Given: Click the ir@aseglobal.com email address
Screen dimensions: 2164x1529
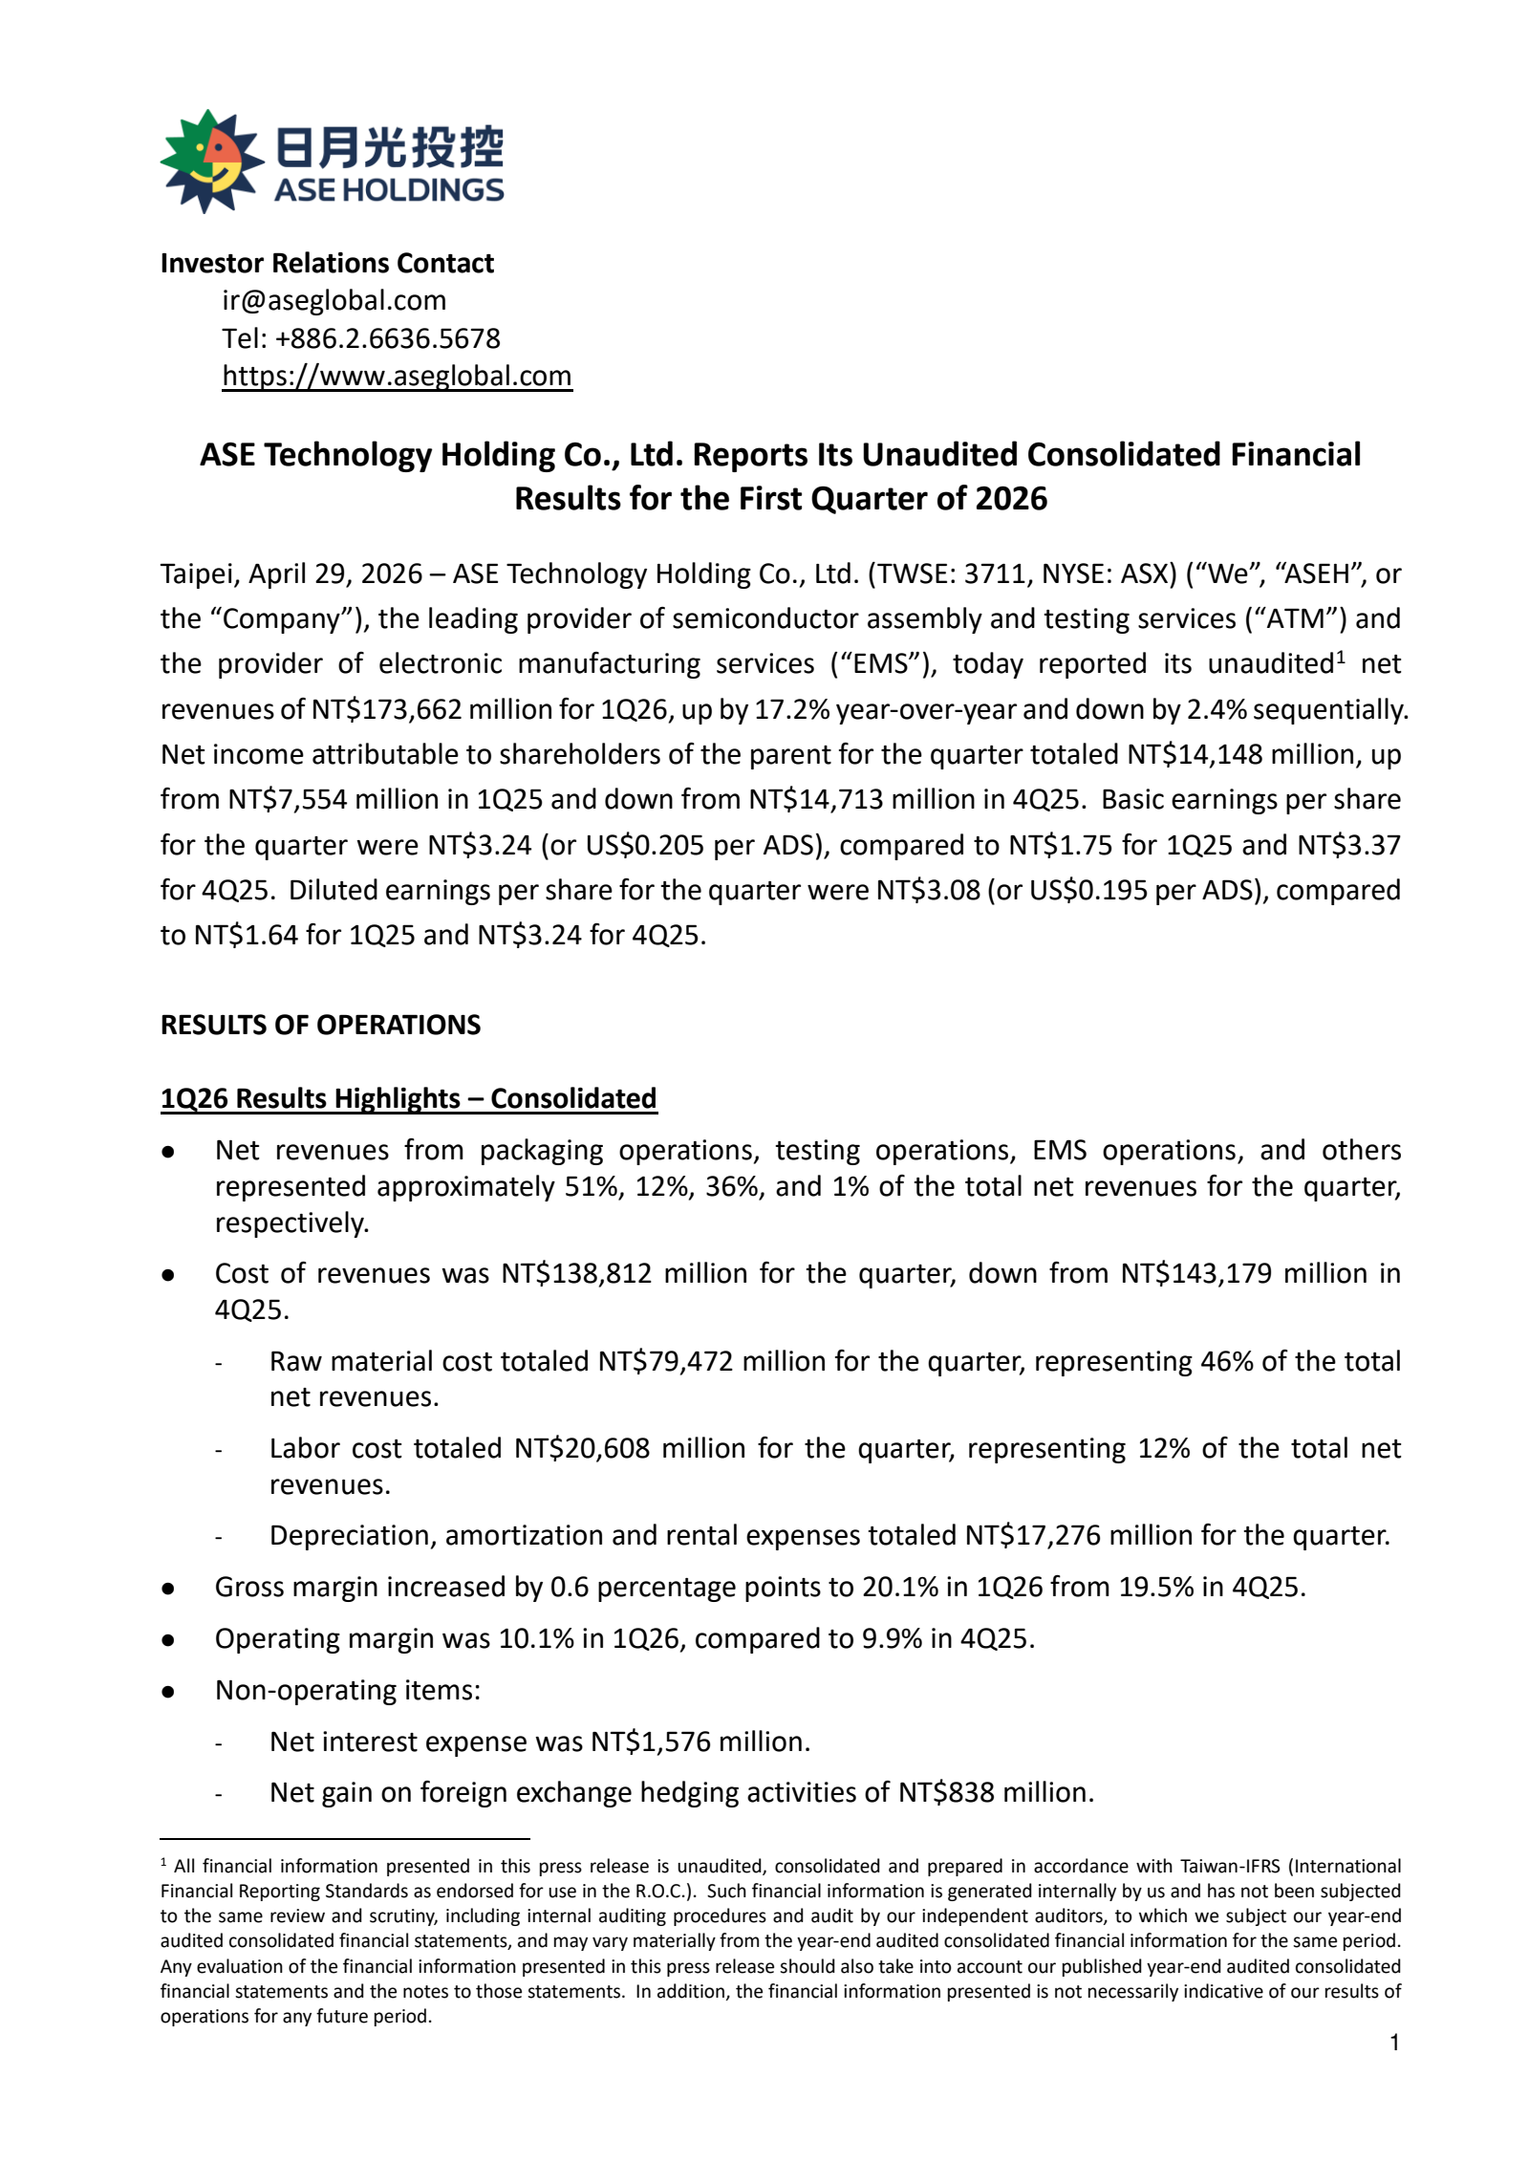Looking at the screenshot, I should pos(334,300).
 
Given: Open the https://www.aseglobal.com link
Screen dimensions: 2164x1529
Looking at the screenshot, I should pos(397,376).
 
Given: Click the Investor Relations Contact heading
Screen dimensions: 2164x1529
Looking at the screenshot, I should pos(327,263).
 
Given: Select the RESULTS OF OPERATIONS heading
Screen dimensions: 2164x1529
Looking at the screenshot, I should pos(320,1025).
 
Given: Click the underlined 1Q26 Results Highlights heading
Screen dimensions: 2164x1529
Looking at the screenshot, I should pos(408,1098).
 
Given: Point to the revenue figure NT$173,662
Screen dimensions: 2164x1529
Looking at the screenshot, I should pos(387,709).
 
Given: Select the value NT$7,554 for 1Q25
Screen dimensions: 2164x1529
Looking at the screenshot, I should pos(288,799).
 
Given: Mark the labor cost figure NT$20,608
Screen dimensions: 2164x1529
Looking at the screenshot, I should pos(582,1448).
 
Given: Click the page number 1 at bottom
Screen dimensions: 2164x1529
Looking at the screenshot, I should pos(1394,2043).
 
